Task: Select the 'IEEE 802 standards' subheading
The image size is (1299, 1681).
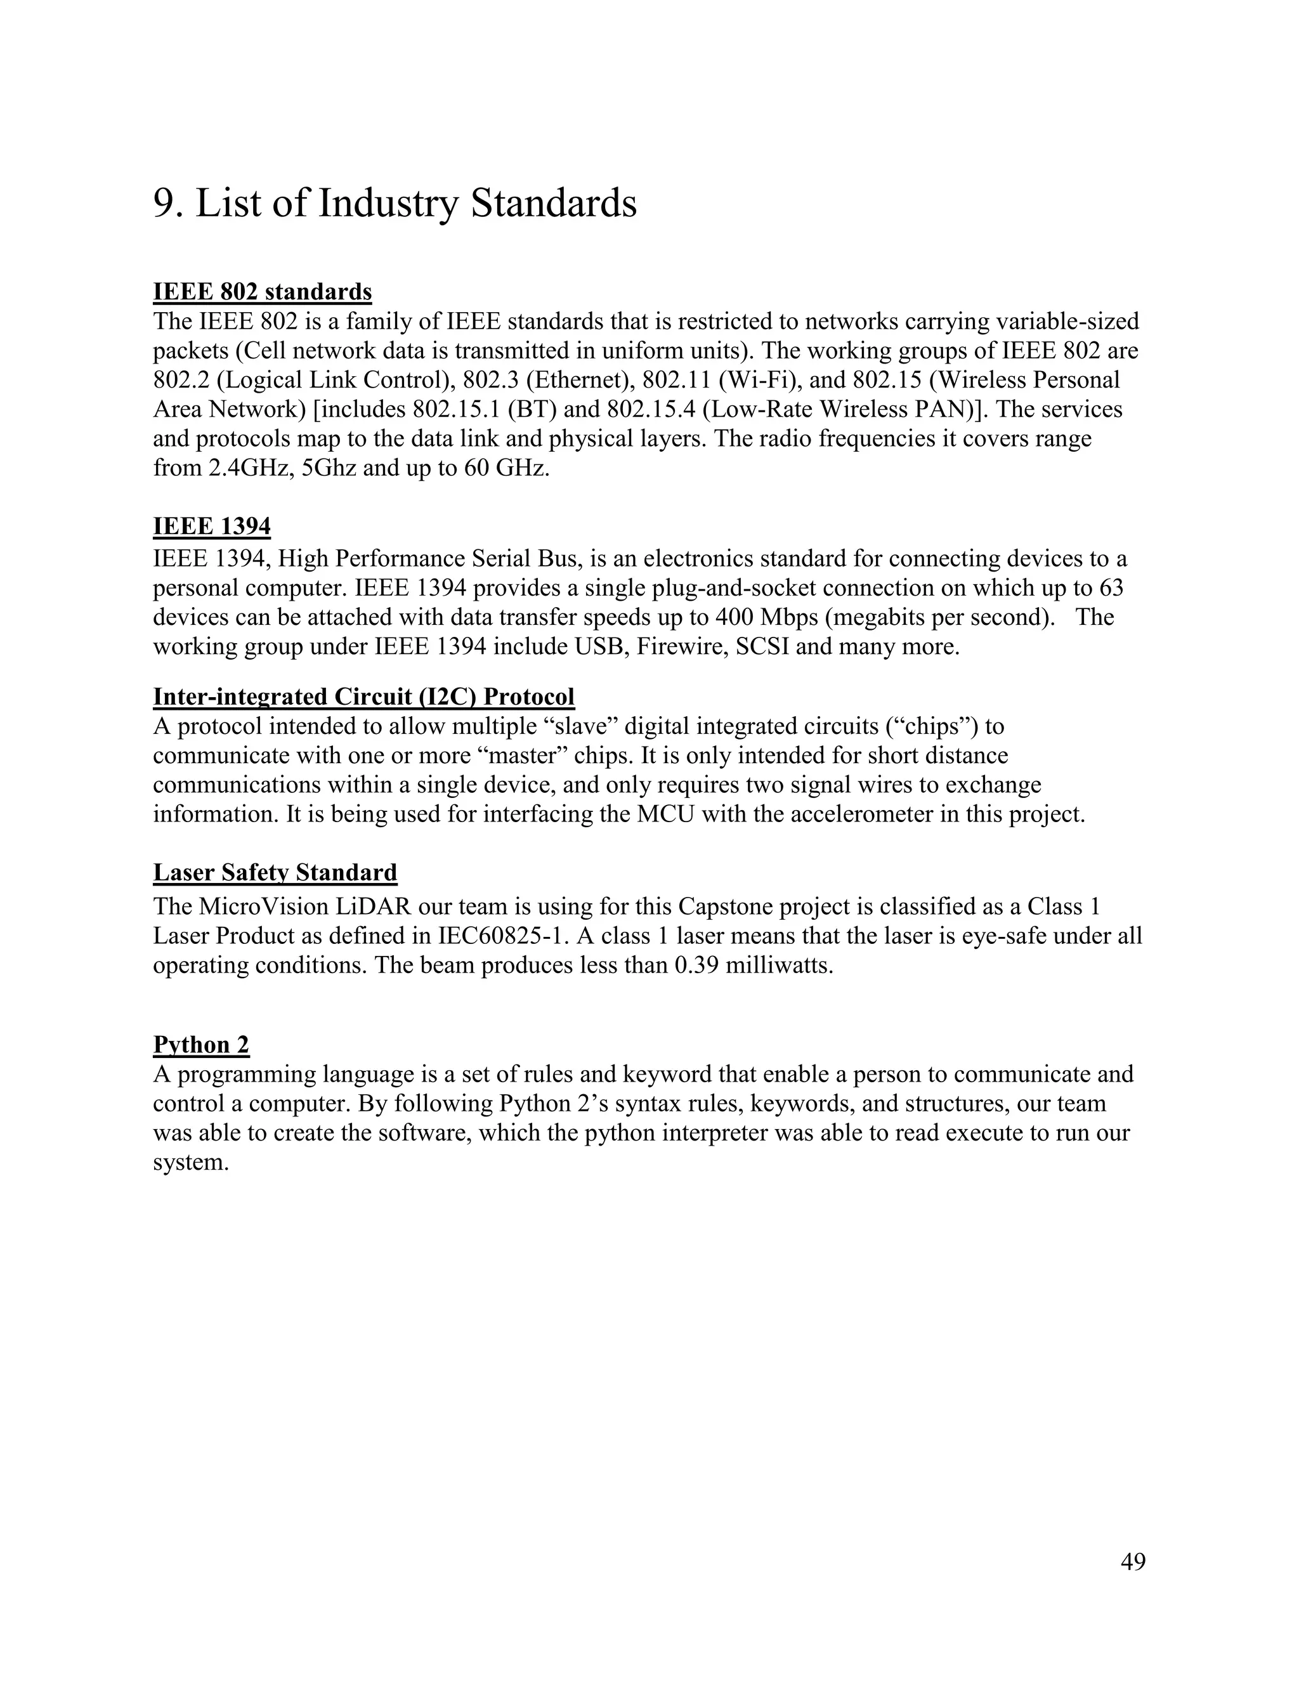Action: [263, 292]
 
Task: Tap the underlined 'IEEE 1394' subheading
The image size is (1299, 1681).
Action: [212, 527]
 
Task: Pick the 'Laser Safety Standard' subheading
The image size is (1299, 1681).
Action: [275, 872]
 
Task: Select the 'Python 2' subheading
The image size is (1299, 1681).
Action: [201, 1045]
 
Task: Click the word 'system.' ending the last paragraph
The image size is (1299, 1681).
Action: [191, 1161]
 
